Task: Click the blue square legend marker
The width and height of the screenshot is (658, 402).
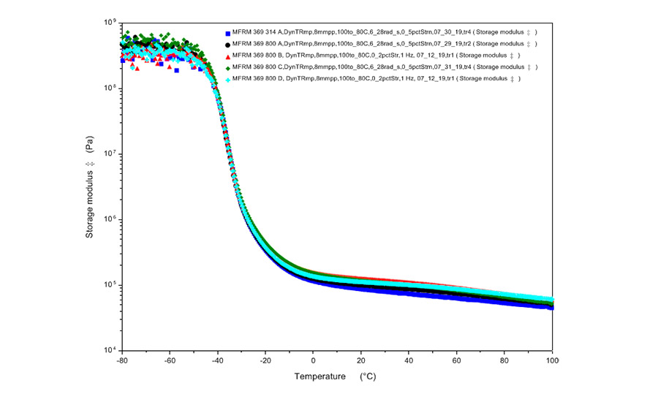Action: click(x=229, y=34)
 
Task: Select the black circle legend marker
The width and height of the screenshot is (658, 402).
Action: click(x=229, y=45)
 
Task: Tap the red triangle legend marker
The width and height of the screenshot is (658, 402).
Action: click(x=229, y=56)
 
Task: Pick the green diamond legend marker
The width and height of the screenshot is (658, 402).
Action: click(x=229, y=67)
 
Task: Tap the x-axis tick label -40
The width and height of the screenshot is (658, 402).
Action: click(x=217, y=361)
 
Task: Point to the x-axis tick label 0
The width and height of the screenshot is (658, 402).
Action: click(x=314, y=361)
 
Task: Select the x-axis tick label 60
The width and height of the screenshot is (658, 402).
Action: click(x=457, y=361)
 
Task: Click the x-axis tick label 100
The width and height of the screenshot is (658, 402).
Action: click(x=553, y=361)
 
